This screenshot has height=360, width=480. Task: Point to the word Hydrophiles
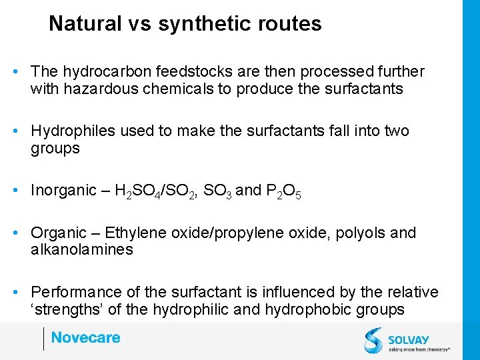click(x=73, y=131)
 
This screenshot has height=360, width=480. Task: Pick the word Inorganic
click(x=63, y=191)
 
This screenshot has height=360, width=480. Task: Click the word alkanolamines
click(x=82, y=250)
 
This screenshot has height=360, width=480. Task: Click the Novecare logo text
click(x=85, y=338)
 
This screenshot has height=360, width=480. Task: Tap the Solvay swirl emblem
click(x=373, y=339)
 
